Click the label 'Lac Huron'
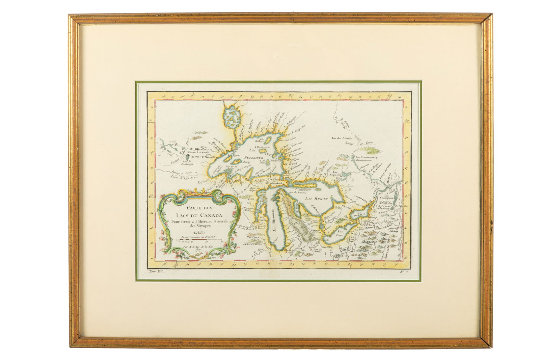click(315, 199)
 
